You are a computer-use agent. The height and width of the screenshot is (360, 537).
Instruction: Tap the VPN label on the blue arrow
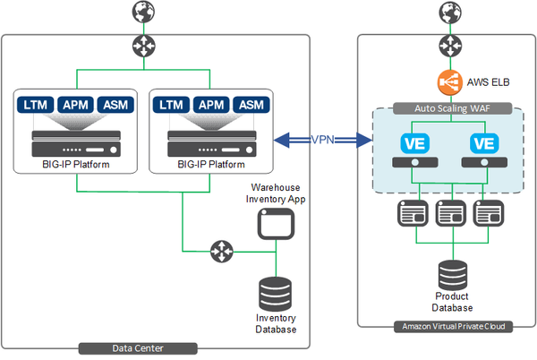(x=324, y=140)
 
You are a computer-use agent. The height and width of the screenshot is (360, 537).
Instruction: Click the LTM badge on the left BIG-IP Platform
(x=37, y=106)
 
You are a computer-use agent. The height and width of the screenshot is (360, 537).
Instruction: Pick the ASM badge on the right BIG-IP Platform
(x=251, y=106)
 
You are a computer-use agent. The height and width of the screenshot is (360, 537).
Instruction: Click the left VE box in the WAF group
(x=413, y=144)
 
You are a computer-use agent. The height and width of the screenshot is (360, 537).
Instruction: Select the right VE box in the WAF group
(x=483, y=144)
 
